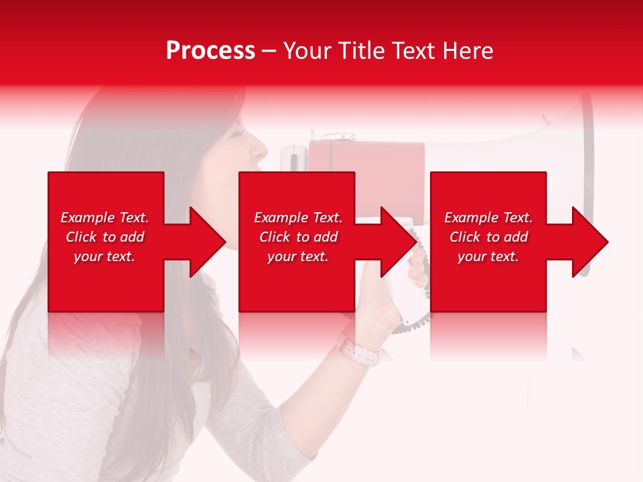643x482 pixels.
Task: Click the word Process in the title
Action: click(210, 51)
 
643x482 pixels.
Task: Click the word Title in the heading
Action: click(362, 51)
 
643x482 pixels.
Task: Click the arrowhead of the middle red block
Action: click(398, 242)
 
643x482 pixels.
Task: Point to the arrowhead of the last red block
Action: click(589, 242)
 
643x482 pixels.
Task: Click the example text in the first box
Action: click(105, 237)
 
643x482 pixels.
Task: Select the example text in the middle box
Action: click(298, 237)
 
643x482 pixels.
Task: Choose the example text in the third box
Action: click(488, 237)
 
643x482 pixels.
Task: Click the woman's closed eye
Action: click(236, 134)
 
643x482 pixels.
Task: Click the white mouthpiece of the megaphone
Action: click(293, 161)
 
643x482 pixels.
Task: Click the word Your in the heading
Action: click(307, 51)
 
